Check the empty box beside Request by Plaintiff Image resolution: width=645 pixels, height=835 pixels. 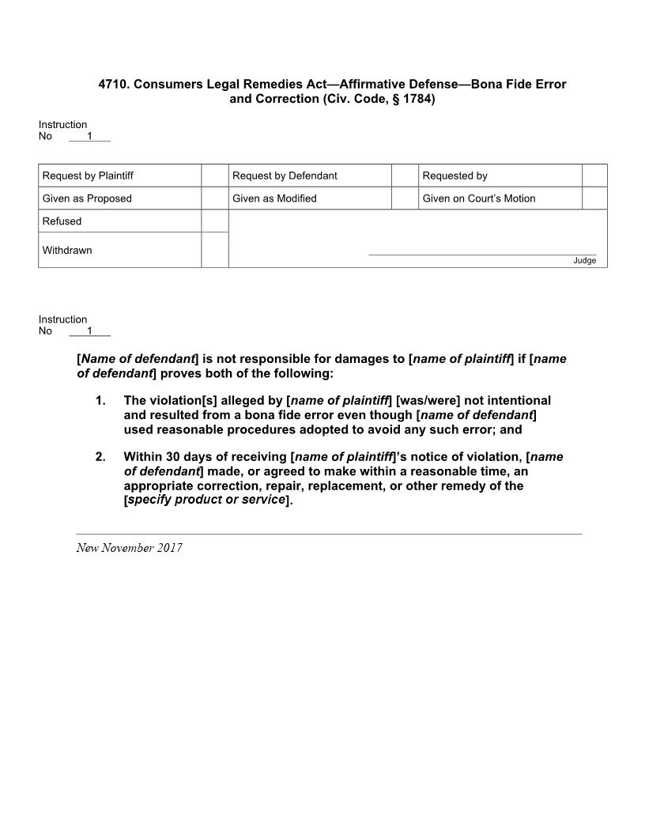point(215,176)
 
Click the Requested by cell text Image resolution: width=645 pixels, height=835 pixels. point(455,176)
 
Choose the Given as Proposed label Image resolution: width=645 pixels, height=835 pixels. point(87,198)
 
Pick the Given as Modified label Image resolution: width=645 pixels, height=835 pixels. point(274,198)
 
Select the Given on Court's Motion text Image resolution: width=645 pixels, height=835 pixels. point(479,198)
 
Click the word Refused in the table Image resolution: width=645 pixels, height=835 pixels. point(62,221)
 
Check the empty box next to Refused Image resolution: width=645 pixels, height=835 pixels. point(215,221)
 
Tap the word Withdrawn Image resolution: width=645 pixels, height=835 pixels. point(67,251)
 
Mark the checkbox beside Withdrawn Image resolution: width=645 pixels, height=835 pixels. point(215,250)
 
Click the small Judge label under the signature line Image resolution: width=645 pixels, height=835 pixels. point(585,261)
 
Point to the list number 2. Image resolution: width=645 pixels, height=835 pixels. point(100,457)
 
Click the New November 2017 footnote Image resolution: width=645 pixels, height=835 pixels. point(129,548)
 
